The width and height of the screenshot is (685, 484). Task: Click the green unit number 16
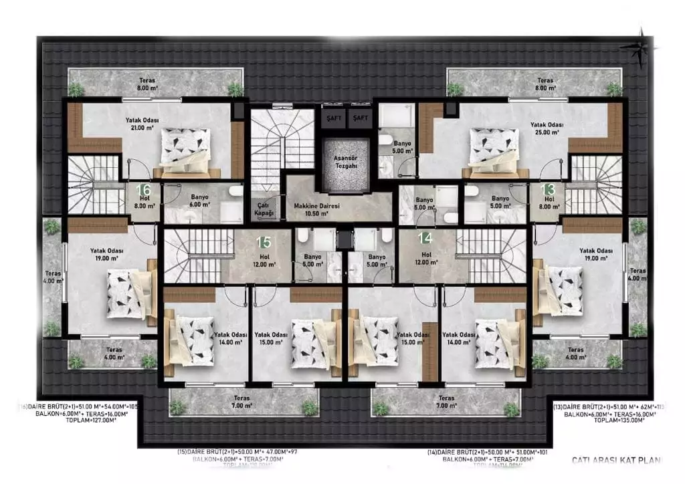[x=143, y=190]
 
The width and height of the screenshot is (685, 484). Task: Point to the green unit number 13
[x=548, y=189]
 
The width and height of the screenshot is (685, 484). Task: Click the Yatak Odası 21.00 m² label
[x=141, y=124]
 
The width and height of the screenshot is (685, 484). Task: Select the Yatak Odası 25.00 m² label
[x=547, y=128]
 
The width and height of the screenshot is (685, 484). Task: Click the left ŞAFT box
[x=332, y=118]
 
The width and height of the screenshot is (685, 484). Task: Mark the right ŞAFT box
[x=361, y=118]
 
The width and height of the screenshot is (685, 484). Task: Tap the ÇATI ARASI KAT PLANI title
[x=615, y=460]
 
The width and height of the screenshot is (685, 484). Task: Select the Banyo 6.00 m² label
[x=199, y=201]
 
